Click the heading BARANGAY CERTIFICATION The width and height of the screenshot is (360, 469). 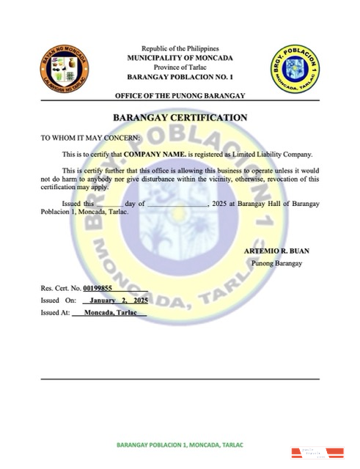point(180,117)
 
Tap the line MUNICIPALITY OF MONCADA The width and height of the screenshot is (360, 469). point(180,56)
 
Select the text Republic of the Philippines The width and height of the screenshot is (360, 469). point(180,47)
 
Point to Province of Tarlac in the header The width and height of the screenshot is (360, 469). point(180,67)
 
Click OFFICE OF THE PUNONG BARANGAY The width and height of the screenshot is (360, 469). point(180,97)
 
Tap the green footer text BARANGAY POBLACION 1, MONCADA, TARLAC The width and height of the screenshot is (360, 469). point(180,445)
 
